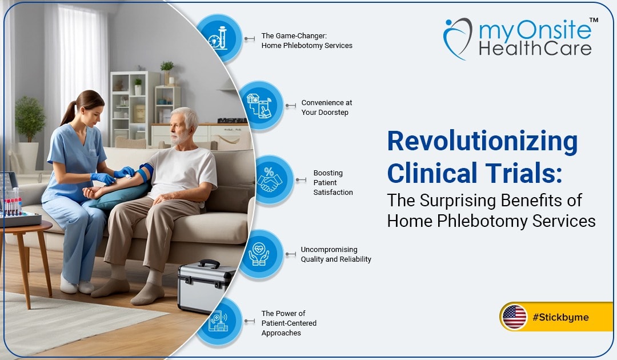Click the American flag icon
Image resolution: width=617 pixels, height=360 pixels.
pos(514,317)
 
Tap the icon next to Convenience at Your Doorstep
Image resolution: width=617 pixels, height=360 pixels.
pos(260,106)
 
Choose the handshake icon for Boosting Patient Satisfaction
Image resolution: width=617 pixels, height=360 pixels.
pos(270,179)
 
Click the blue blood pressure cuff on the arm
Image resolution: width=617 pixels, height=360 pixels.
pos(146,172)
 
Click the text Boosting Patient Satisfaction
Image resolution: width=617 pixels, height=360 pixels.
pos(333,182)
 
